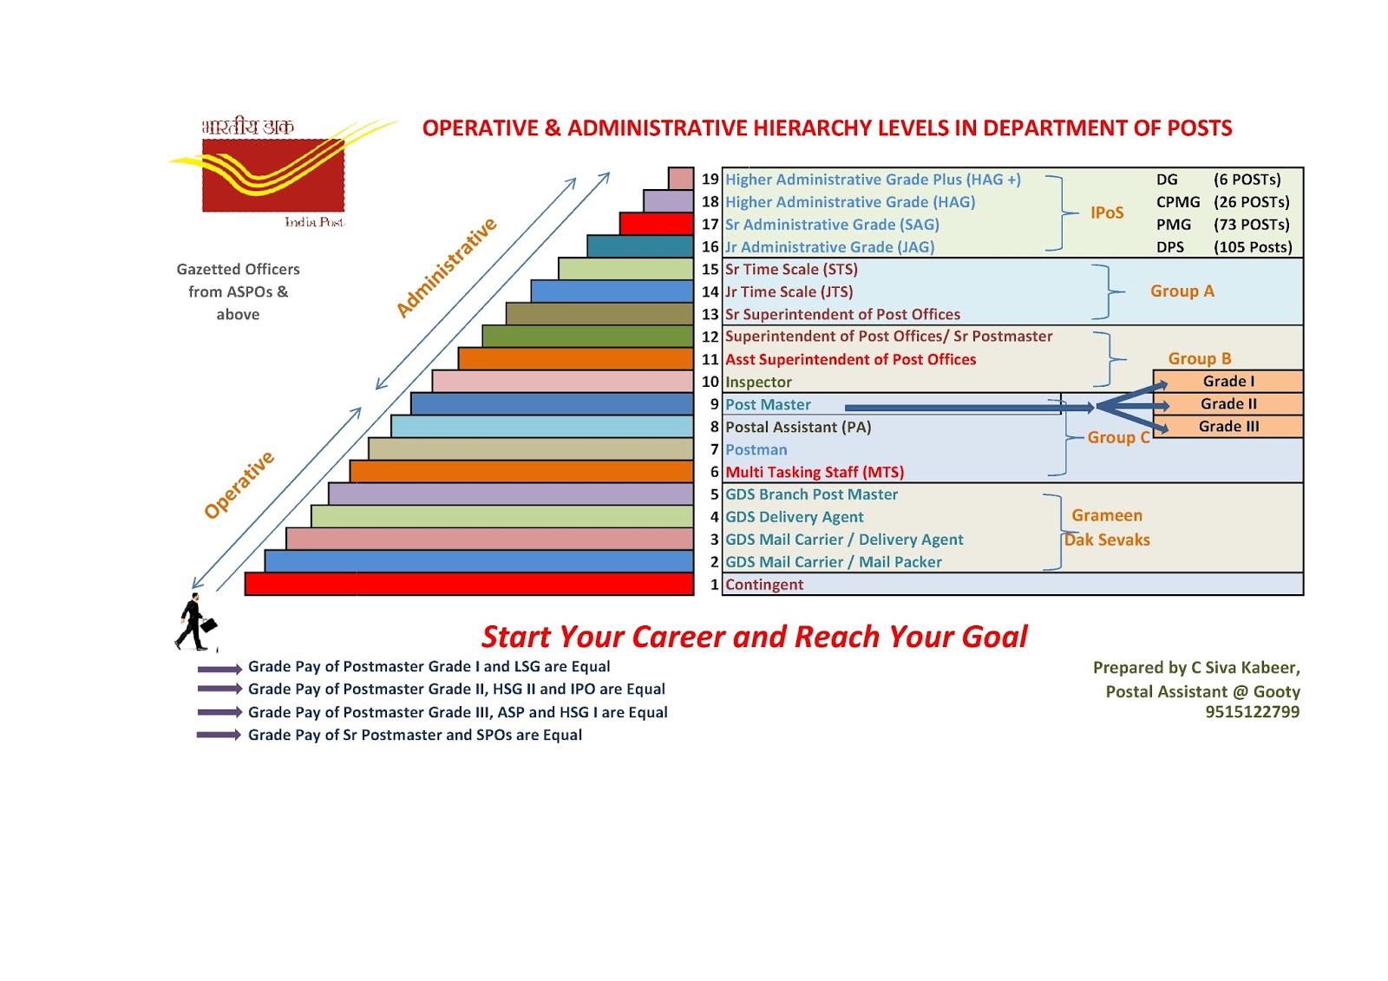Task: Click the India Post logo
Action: [273, 173]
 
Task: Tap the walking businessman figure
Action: [194, 622]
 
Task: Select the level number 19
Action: [710, 180]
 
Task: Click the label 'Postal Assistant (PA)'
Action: [798, 427]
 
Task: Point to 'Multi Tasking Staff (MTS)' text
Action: [815, 472]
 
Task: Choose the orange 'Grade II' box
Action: [1228, 404]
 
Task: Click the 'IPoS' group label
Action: [1107, 213]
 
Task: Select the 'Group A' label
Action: [1182, 291]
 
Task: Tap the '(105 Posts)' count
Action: [1253, 247]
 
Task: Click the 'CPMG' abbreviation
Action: [1178, 202]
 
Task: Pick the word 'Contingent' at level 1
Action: [764, 585]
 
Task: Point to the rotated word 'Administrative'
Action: [446, 267]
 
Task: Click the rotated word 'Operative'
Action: [239, 485]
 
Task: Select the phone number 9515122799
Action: [1252, 712]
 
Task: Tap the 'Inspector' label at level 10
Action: [758, 383]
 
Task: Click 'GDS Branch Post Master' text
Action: [811, 494]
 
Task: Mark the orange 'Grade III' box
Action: [1228, 427]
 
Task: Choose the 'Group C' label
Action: [1118, 438]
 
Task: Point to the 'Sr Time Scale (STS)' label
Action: [791, 270]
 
